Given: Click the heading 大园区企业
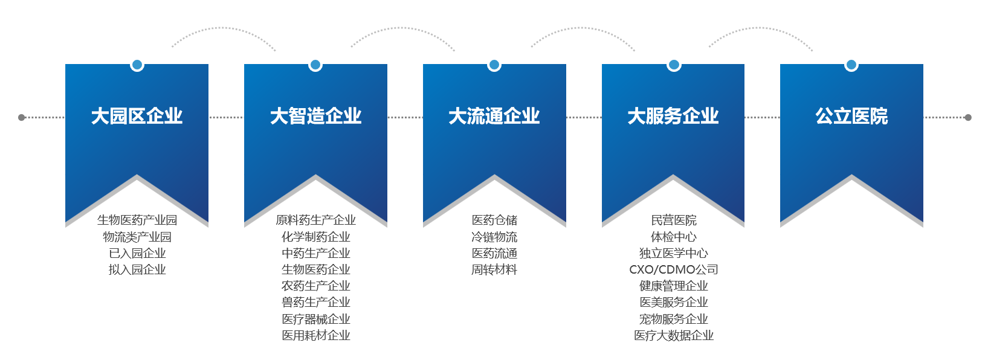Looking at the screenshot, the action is [x=137, y=117].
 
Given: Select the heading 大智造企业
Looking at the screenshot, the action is [x=316, y=117].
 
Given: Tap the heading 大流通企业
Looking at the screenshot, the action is [x=494, y=117].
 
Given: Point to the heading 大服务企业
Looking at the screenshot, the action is [x=673, y=117].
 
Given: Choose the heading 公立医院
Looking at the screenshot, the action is [x=851, y=117].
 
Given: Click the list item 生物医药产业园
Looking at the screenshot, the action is [x=137, y=220].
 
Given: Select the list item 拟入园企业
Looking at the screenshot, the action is [x=137, y=269].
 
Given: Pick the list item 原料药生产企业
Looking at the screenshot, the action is [x=316, y=220].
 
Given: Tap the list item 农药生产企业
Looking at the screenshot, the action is [x=316, y=286].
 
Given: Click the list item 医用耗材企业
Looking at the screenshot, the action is [x=316, y=335].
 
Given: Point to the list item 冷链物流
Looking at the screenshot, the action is [x=494, y=237].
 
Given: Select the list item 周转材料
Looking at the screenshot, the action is [x=494, y=269].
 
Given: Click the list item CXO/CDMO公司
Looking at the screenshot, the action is [x=674, y=269].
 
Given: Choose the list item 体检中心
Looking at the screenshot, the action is [x=674, y=237].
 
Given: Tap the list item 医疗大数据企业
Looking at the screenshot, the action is [x=674, y=335].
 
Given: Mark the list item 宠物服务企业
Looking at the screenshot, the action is [x=674, y=319].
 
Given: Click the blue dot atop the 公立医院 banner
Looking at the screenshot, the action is [x=851, y=65].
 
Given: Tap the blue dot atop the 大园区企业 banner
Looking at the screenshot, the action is [x=137, y=65].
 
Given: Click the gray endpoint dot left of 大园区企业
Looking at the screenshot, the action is [x=21, y=117].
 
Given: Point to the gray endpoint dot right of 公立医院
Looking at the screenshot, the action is [x=968, y=117].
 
